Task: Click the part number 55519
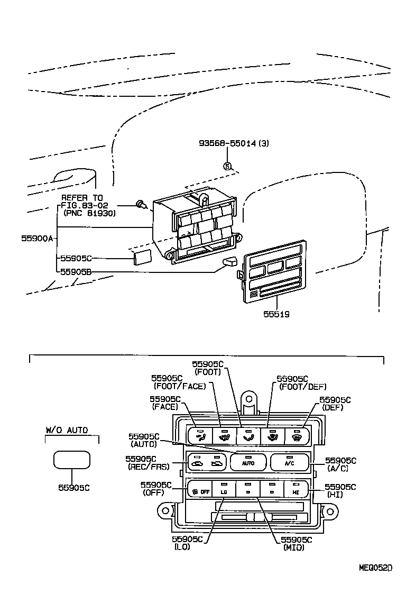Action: (276, 314)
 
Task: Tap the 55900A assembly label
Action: (37, 239)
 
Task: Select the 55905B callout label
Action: (76, 272)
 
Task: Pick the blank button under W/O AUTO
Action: (72, 460)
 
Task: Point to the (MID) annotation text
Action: (292, 547)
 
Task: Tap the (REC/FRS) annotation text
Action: (146, 467)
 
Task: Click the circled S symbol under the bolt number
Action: (227, 167)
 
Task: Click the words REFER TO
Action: (82, 197)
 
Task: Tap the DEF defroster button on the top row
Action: (297, 436)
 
